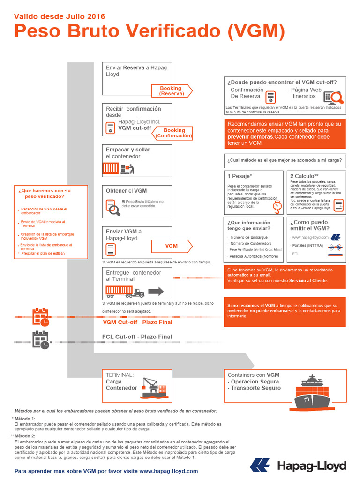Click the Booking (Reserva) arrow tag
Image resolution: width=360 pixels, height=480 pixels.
click(x=171, y=91)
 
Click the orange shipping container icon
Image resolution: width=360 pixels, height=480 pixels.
click(x=111, y=168)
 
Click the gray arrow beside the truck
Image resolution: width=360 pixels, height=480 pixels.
click(x=156, y=292)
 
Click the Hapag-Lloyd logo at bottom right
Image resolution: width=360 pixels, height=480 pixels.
click(x=298, y=465)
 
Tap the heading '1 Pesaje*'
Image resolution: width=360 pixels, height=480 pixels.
click(x=240, y=176)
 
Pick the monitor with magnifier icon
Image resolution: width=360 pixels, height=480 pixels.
click(x=334, y=97)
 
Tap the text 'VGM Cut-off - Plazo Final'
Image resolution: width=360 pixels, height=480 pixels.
click(x=137, y=322)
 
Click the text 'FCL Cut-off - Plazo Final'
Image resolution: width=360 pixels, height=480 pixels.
click(x=137, y=337)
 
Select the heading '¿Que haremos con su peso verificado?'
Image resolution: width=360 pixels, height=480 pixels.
click(x=45, y=194)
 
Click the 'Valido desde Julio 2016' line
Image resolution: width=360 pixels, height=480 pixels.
click(x=60, y=17)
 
